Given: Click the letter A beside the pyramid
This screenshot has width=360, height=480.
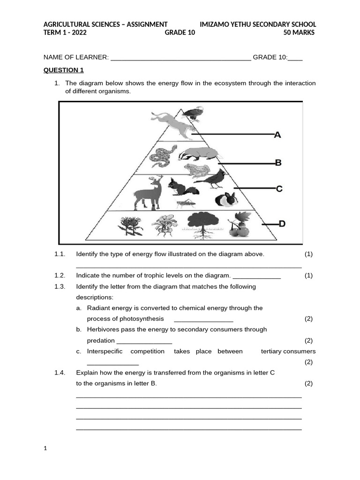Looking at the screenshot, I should point(277,135).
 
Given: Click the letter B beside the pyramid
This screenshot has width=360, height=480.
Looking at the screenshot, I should point(278,163).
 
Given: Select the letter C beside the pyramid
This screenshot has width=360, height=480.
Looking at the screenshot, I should point(279,189).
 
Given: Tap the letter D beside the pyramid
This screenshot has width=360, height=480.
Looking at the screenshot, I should point(282,224).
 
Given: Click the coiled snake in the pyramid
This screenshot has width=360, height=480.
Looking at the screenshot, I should point(162,157).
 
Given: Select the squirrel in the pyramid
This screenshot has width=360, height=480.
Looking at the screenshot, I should point(182,187).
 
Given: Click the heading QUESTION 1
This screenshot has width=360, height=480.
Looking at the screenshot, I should point(63,70).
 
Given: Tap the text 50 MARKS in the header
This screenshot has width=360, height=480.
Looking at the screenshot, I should point(299,32).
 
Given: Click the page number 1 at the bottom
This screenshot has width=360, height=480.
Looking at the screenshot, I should point(45,449).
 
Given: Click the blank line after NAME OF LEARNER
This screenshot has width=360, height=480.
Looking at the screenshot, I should point(180,58).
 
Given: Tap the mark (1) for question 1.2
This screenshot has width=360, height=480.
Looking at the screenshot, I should point(308,276).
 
